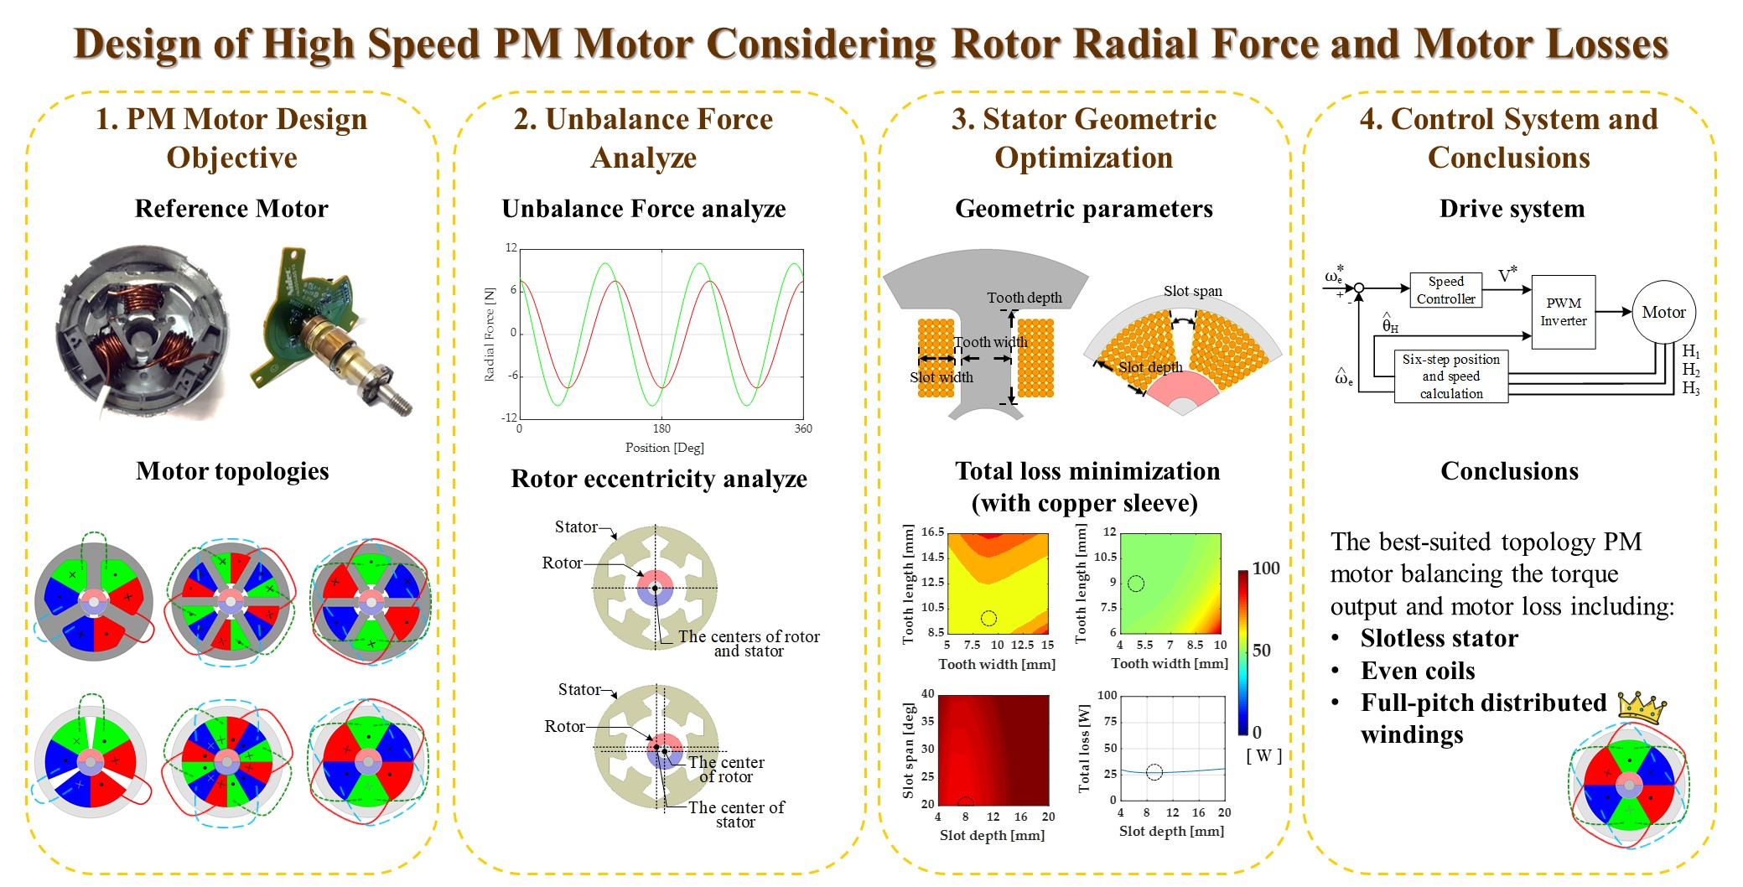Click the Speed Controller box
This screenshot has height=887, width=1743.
tap(1445, 290)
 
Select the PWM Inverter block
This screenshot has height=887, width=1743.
tap(1563, 312)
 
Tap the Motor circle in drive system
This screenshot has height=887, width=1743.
tap(1663, 312)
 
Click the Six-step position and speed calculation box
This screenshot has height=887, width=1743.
tap(1450, 376)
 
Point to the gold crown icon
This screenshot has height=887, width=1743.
tap(1641, 708)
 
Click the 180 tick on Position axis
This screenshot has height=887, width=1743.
tap(661, 428)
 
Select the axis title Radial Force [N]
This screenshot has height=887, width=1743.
tap(490, 335)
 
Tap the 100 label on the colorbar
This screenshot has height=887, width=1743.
tap(1266, 568)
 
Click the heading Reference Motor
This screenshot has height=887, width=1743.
tap(231, 209)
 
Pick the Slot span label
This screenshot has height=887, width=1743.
tap(1192, 291)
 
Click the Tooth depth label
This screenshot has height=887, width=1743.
tap(1024, 298)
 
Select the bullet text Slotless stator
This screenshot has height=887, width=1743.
tap(1439, 638)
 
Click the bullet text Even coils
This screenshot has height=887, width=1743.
tap(1417, 671)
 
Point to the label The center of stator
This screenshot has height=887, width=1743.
tap(735, 814)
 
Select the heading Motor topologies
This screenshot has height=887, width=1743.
tap(232, 471)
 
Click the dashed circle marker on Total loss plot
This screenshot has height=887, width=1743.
tap(1154, 772)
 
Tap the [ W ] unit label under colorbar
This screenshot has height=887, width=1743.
tap(1263, 755)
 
